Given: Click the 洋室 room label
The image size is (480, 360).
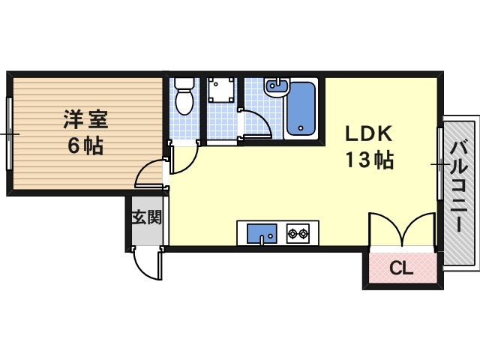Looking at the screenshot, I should pos(84,118).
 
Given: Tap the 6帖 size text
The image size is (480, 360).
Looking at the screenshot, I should pos(85,145).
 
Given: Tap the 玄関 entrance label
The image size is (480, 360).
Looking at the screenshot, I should pos(147,218).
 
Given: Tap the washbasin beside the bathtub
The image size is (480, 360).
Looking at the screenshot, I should pos(276,88).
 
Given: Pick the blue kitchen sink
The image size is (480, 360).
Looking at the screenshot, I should pos(262,232).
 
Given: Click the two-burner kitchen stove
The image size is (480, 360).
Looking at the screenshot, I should pos(298,233).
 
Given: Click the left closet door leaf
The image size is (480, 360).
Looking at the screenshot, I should pos(384,228).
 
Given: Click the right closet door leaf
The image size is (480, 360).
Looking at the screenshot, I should pos(420,228).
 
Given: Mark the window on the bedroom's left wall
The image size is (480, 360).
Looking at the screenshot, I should pos(8,133).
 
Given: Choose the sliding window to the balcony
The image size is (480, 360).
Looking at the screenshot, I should pos(439,163).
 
